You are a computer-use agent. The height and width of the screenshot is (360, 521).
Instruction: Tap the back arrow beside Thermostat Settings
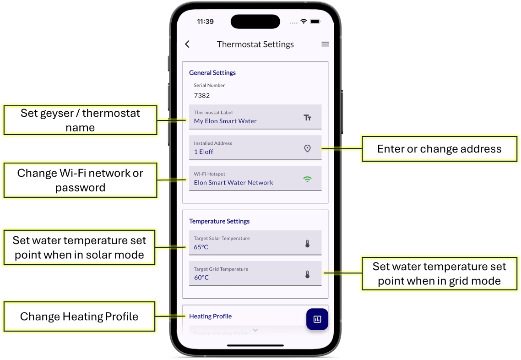click(187, 44)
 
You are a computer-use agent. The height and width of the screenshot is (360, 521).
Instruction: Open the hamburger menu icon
click(325, 44)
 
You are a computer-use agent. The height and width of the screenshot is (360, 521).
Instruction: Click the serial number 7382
click(202, 96)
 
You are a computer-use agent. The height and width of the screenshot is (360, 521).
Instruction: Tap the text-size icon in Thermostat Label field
click(307, 118)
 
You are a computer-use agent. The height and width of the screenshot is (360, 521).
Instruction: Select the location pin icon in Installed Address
click(307, 148)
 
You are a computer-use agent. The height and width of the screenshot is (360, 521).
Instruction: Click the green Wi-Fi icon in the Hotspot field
click(307, 180)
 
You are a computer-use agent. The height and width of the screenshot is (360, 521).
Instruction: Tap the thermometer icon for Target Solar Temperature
click(307, 244)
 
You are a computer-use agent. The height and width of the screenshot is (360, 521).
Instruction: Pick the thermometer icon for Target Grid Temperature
click(307, 274)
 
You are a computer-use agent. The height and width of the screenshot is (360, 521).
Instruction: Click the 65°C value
click(201, 247)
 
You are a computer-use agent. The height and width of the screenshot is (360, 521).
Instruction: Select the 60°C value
click(201, 278)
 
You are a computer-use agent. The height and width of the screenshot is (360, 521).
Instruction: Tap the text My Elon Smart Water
click(225, 121)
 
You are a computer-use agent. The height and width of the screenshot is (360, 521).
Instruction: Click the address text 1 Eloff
click(203, 152)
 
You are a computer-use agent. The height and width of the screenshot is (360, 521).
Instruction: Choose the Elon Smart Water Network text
click(233, 182)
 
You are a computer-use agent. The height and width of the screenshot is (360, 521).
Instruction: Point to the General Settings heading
click(212, 73)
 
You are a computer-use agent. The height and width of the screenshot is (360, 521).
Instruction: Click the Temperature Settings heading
click(219, 221)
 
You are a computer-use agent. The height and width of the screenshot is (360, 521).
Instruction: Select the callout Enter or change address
click(439, 149)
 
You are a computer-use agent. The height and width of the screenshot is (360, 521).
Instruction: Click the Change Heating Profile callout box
click(79, 316)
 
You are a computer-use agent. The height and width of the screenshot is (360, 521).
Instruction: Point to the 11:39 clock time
click(206, 22)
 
